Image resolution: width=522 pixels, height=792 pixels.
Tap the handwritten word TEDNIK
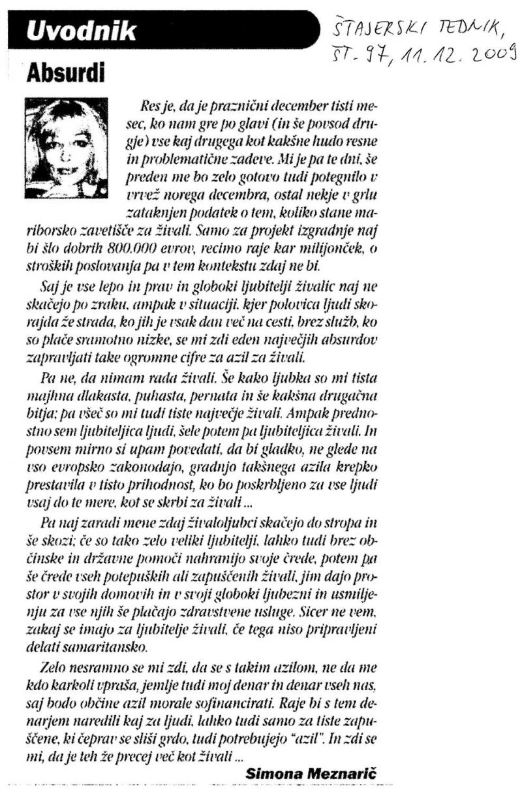(x=465, y=27)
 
